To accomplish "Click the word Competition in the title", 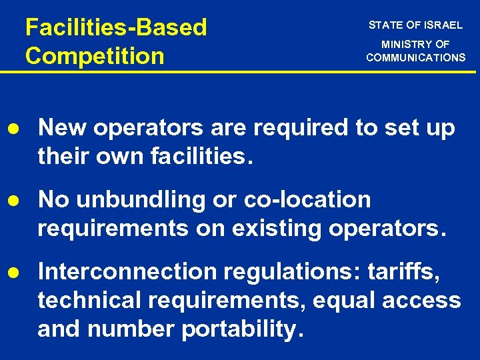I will click(x=94, y=55).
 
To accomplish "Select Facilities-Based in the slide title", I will click(x=116, y=27).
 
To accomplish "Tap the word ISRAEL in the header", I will click(x=443, y=25).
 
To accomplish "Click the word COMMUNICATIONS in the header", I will click(x=415, y=57).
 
